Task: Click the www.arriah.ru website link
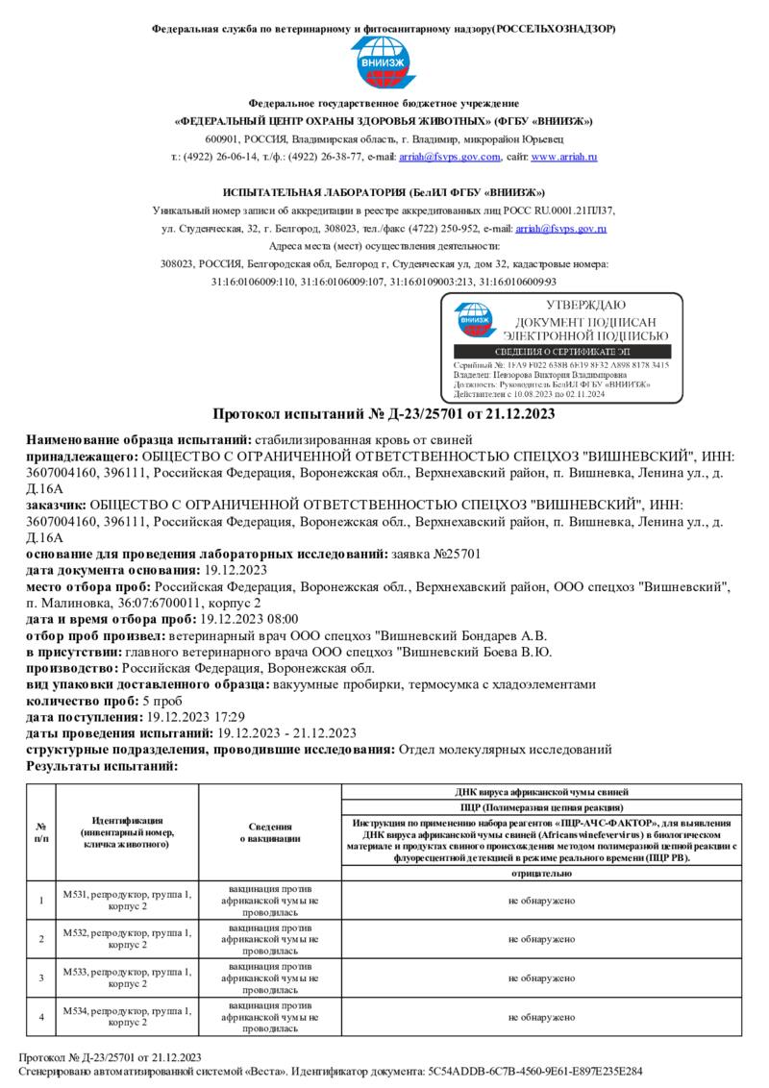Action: [564, 156]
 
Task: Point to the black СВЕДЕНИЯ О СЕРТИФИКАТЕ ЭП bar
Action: [561, 353]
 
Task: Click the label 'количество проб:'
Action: [83, 701]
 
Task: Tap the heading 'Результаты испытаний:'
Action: [102, 766]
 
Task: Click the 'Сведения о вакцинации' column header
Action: [269, 832]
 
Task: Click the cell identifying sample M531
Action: [127, 900]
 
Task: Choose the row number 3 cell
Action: [41, 977]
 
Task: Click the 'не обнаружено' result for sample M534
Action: [540, 1016]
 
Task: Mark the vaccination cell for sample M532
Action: [269, 938]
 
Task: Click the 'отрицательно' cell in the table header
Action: [540, 873]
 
